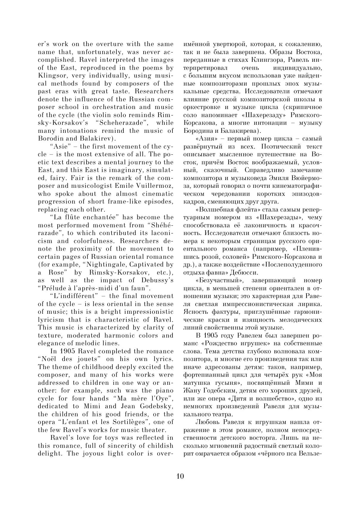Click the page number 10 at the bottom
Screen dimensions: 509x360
click(180, 476)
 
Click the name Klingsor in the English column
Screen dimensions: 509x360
click(51, 76)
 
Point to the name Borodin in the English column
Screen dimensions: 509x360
click(50, 139)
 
